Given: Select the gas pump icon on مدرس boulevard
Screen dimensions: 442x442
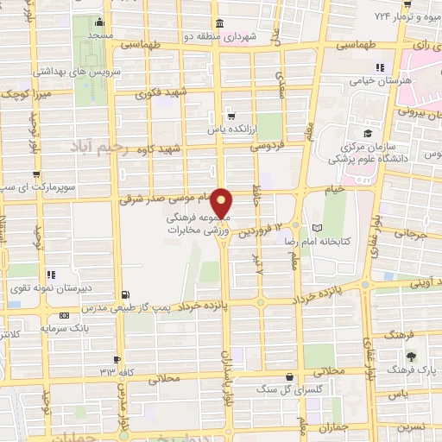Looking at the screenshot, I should [127, 294].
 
